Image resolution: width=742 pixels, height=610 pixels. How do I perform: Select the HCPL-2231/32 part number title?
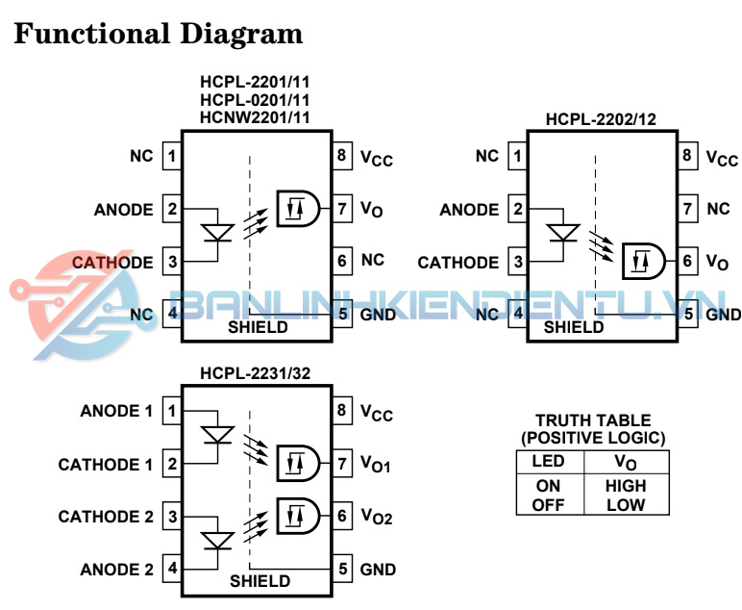255,373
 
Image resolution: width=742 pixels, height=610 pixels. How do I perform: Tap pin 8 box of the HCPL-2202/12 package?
687,156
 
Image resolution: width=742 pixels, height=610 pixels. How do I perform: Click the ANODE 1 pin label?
116,412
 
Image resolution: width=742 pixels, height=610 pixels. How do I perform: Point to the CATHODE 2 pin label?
106,517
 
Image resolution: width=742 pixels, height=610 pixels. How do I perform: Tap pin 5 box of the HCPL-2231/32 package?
342,569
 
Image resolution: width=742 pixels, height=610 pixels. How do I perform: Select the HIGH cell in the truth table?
626,487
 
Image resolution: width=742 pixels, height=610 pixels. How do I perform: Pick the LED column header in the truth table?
548,462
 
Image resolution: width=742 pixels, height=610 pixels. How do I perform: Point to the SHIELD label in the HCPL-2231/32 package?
260,581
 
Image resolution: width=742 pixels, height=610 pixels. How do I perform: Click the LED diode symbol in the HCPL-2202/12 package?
562,233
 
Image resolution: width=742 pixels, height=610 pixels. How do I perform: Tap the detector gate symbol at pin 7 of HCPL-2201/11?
297,207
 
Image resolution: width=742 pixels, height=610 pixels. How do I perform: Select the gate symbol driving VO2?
297,517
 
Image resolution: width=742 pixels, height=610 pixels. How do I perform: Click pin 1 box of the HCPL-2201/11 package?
172,156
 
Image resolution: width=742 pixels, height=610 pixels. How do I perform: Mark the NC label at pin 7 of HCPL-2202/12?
718,208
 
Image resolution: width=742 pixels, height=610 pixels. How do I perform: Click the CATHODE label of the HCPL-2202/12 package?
458,262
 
